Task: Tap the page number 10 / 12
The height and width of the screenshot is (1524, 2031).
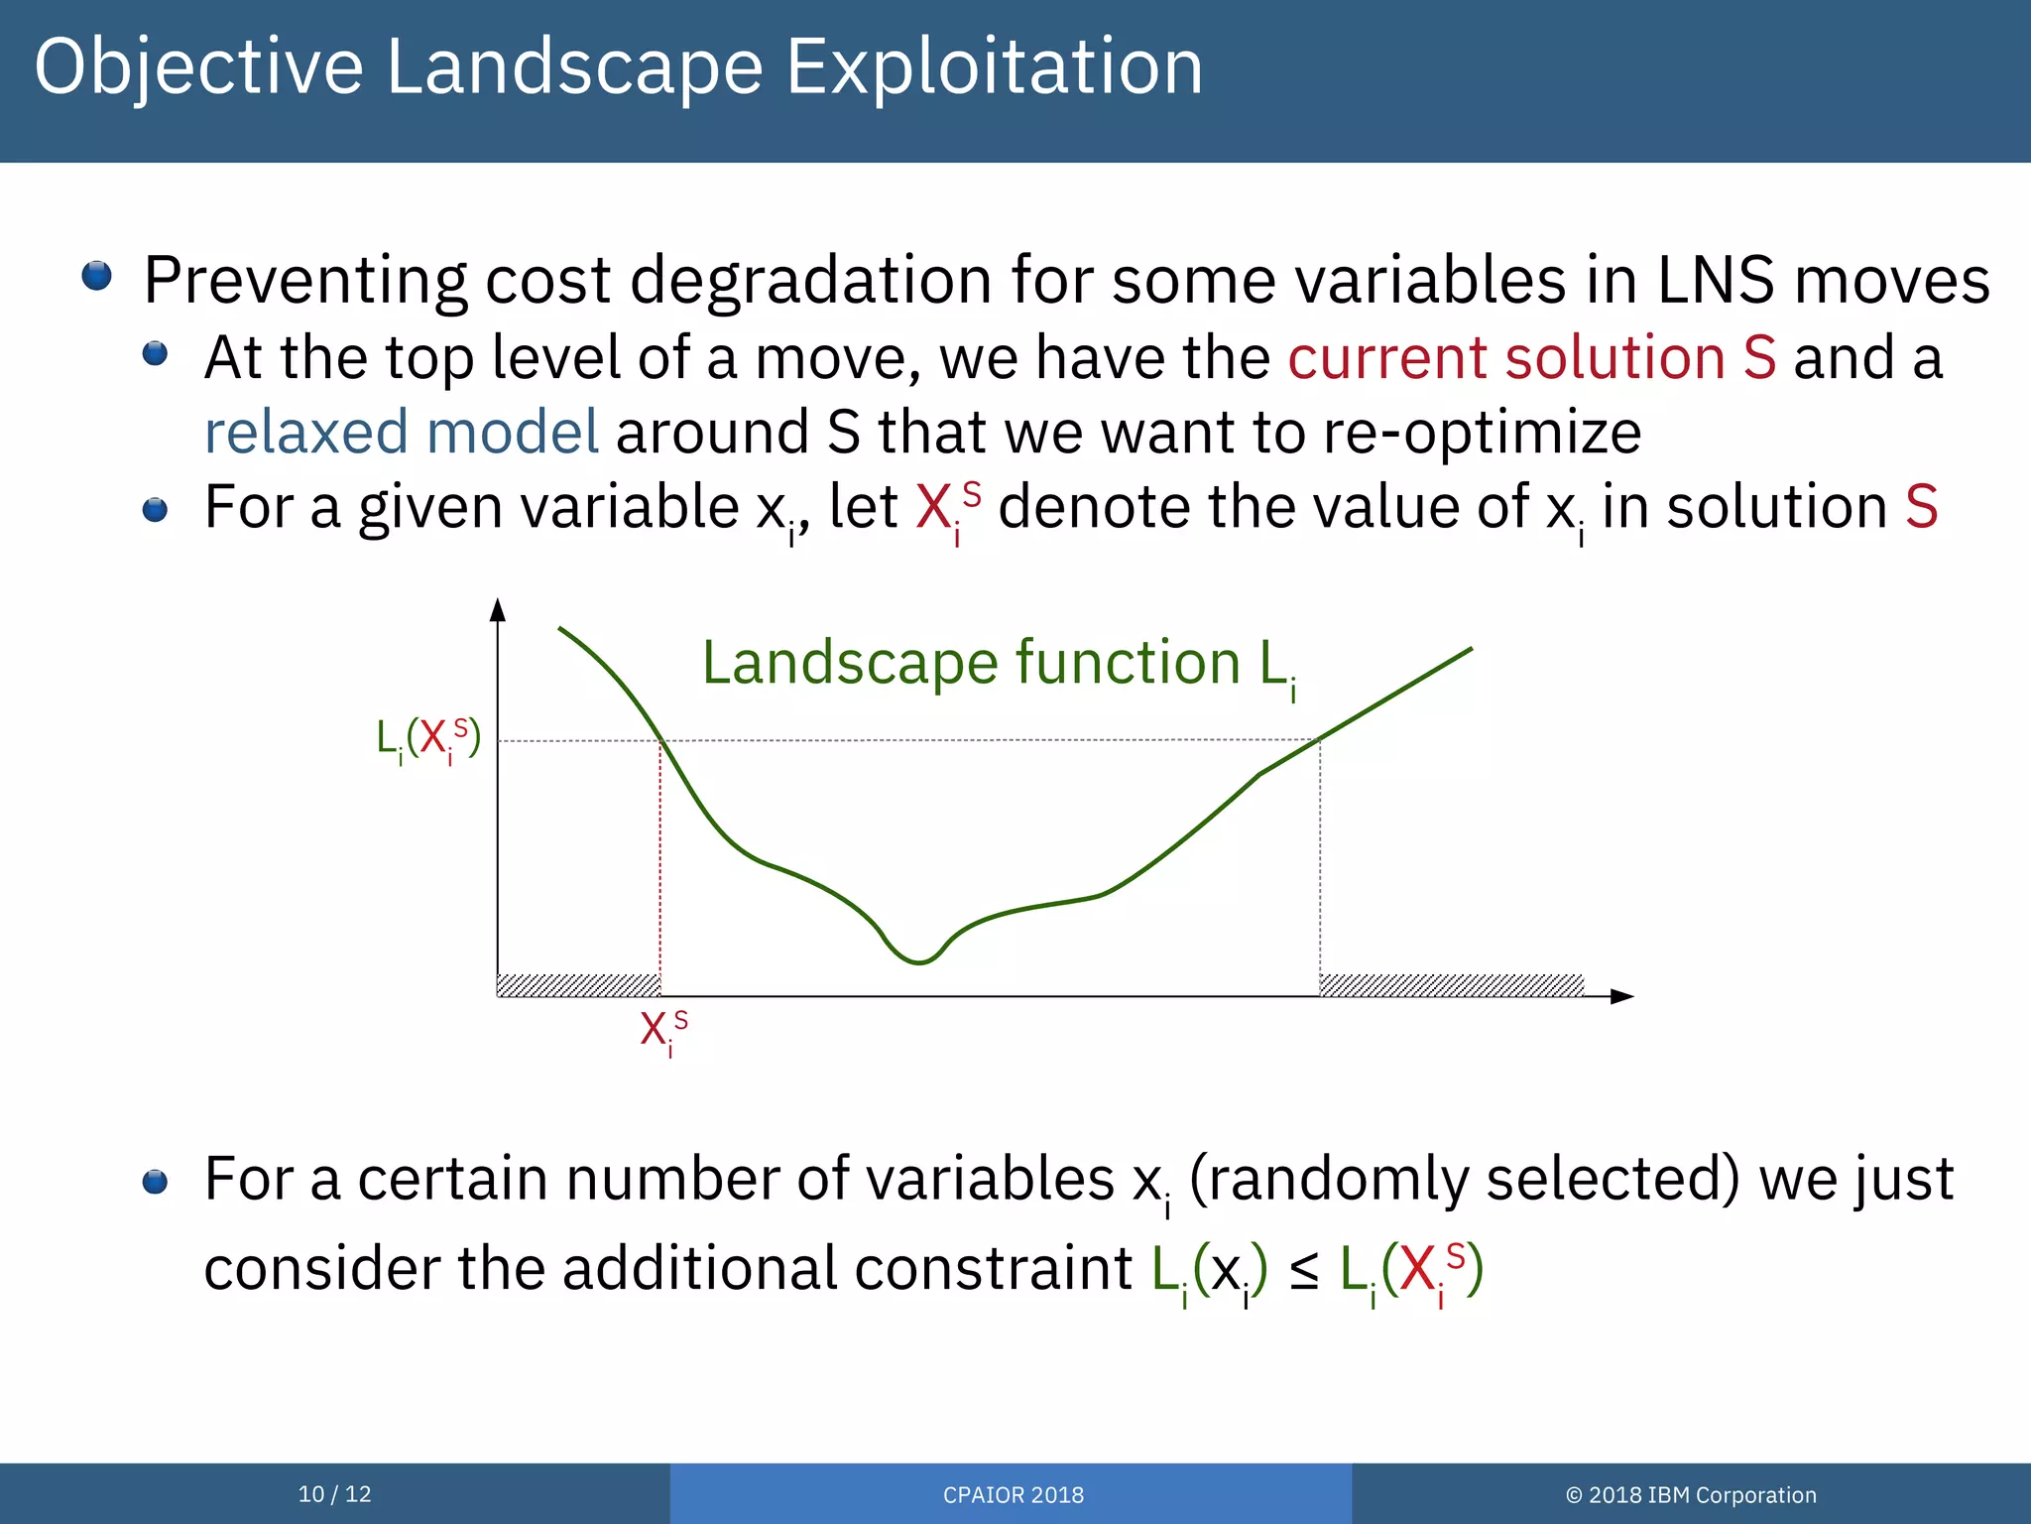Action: pyautogui.click(x=334, y=1493)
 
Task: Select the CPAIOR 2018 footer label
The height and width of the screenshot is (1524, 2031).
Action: pyautogui.click(x=1013, y=1494)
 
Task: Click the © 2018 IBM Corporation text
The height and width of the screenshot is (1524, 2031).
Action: pyautogui.click(x=1690, y=1494)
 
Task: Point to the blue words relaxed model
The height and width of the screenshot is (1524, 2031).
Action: pyautogui.click(x=401, y=433)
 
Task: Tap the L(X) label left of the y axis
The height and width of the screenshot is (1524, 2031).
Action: pyautogui.click(x=428, y=739)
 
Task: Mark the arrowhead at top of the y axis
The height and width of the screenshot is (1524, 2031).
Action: pyautogui.click(x=498, y=608)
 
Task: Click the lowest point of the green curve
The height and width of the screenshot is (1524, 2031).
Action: pyautogui.click(x=919, y=961)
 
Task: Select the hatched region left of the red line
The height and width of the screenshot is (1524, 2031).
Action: pyautogui.click(x=577, y=985)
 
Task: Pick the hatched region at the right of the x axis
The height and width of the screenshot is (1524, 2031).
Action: pyautogui.click(x=1451, y=985)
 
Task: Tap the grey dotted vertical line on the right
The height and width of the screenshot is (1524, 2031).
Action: pyautogui.click(x=1320, y=863)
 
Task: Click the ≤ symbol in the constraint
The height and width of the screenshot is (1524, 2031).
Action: pyautogui.click(x=1304, y=1271)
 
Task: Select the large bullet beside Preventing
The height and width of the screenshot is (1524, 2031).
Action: pyautogui.click(x=96, y=276)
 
